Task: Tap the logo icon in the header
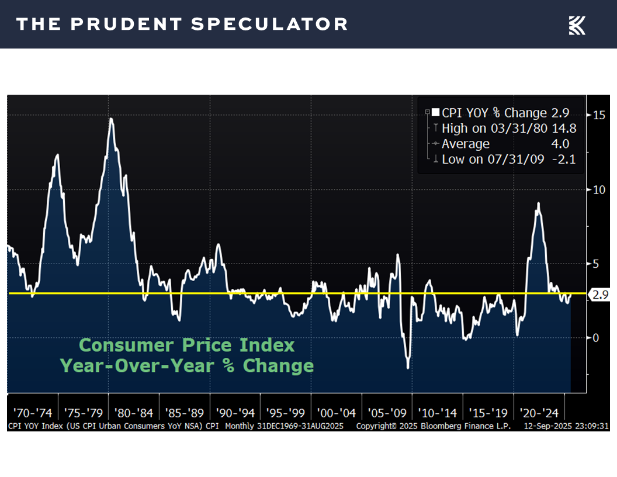pos(577,25)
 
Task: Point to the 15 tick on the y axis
pos(598,115)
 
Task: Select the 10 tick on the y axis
pos(598,189)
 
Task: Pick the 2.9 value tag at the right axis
pos(600,295)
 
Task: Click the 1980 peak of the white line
pos(111,119)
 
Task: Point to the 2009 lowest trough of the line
pos(407,367)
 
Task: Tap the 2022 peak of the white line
pos(538,203)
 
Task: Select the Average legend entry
pos(466,144)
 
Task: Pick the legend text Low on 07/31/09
pos(494,159)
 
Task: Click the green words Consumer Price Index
pos(187,345)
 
